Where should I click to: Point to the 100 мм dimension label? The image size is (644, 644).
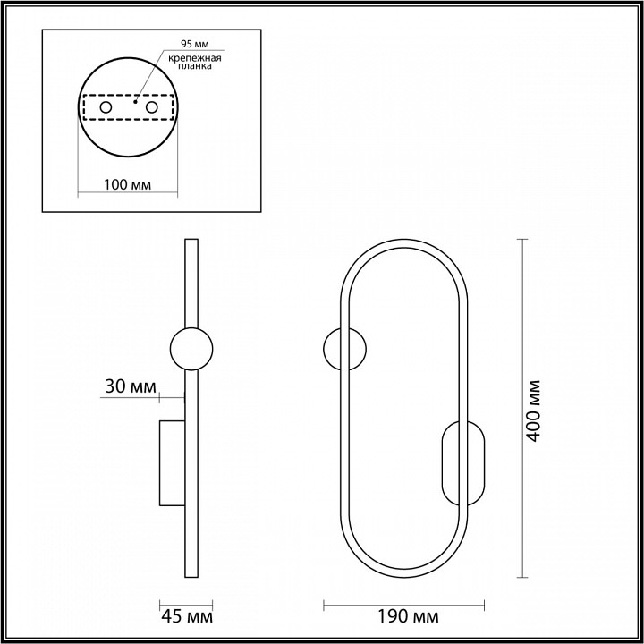126,185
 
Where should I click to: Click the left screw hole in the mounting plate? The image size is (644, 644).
106,107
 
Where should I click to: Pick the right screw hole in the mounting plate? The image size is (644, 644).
152,107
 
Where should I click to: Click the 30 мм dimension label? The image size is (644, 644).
126,386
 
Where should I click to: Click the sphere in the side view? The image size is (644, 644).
191,349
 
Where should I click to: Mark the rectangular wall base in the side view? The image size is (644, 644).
172,462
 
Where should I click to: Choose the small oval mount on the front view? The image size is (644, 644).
462,462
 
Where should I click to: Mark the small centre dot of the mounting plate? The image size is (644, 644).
134,101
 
